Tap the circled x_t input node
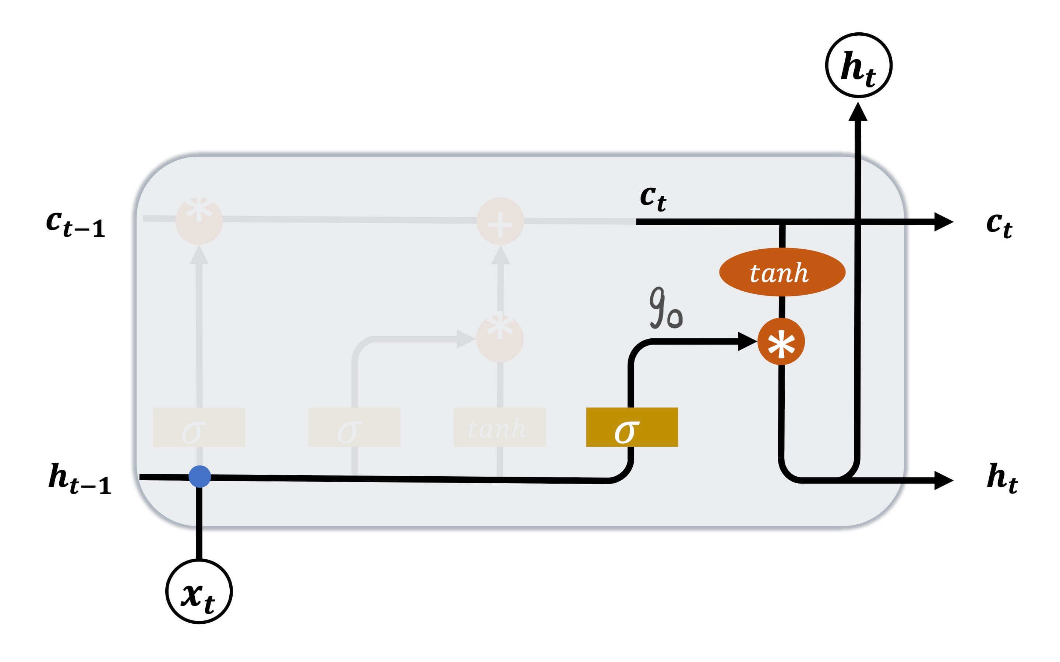[199, 591]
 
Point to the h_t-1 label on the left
[80, 479]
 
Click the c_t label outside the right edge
[999, 224]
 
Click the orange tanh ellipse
[782, 272]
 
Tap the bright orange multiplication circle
[781, 342]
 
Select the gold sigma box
[632, 427]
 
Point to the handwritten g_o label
[665, 308]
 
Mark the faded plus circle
[500, 221]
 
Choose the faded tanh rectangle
[499, 427]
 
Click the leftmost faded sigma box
[199, 427]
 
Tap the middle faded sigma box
[354, 427]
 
